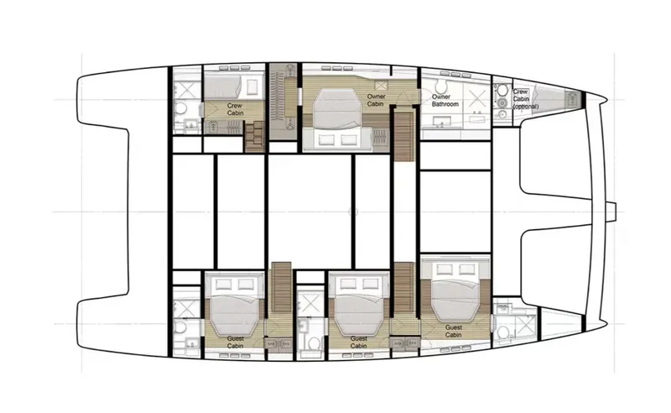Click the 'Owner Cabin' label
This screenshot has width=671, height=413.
coord(376,101)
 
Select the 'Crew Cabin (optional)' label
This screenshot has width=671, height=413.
coord(521,100)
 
